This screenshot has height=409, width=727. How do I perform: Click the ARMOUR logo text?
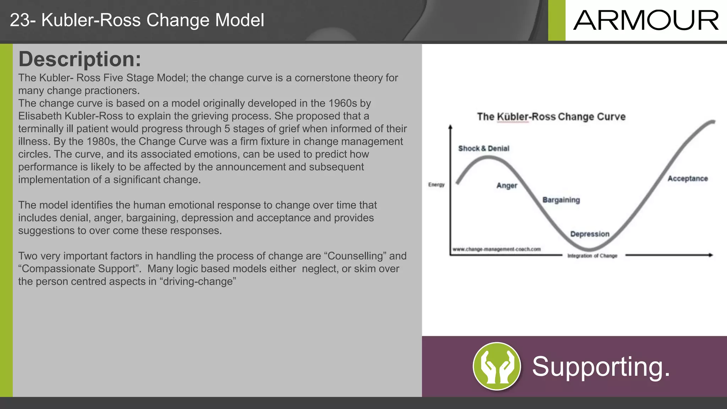(646, 21)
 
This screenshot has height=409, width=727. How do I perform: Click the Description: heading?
(80, 59)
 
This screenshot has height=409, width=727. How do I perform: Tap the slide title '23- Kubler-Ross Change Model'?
(137, 20)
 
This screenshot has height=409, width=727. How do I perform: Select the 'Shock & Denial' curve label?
(483, 148)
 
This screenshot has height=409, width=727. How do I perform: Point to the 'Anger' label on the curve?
(507, 186)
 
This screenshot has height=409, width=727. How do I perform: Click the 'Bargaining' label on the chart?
(561, 200)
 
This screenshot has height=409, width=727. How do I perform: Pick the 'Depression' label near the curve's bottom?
(590, 234)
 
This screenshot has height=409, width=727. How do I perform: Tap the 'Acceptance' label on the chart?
(688, 179)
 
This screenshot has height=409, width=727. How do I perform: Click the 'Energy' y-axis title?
(436, 185)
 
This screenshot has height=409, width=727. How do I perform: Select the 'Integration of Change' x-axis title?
(592, 256)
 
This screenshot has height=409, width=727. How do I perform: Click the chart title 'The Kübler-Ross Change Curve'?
(551, 117)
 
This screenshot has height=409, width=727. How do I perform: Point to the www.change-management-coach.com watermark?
(497, 249)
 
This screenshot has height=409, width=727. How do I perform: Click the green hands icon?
(497, 366)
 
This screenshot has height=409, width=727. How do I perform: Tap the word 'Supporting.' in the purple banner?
(601, 367)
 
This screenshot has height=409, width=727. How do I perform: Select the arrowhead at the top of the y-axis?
(450, 127)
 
